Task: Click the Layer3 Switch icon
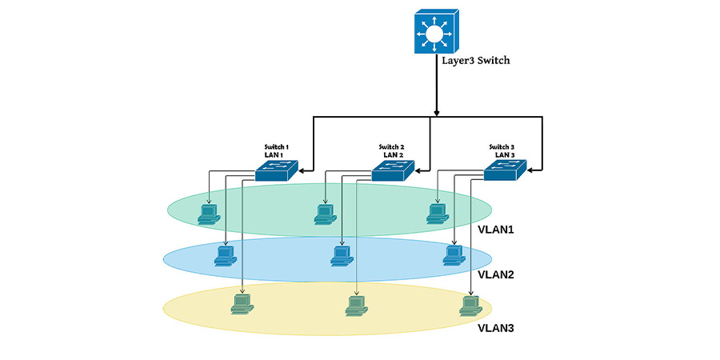[436, 31]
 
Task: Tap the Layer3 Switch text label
[475, 60]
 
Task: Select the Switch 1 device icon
[277, 171]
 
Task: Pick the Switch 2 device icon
[393, 171]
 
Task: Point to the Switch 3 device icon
[505, 170]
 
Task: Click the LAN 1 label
[274, 155]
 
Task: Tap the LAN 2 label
[393, 155]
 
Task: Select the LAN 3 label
[505, 155]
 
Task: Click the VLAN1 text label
[495, 230]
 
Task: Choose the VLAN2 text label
[495, 275]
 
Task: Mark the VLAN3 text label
[495, 328]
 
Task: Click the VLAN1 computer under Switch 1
[209, 214]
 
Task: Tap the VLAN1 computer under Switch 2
[326, 214]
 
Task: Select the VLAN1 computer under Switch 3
[438, 214]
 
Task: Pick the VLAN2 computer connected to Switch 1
[226, 256]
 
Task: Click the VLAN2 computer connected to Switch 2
[342, 256]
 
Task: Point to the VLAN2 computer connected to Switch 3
[454, 255]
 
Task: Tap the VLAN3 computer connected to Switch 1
[242, 304]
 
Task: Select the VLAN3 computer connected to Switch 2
[357, 306]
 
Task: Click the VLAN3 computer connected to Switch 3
[470, 306]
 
